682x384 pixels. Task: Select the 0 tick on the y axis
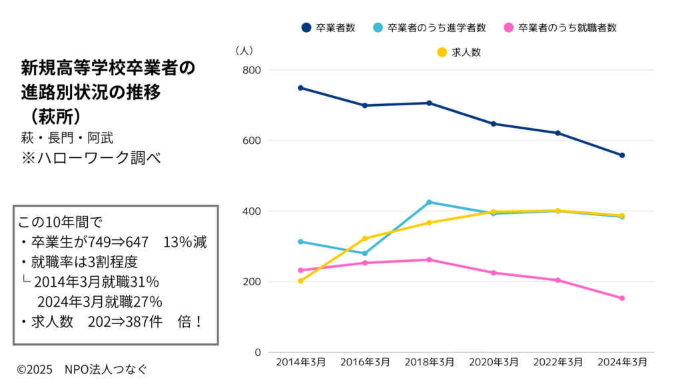tap(256, 352)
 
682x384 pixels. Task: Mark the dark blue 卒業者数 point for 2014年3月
tap(300, 88)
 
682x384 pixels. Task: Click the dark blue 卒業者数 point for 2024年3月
tap(622, 155)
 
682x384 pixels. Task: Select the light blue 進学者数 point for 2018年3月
tap(430, 202)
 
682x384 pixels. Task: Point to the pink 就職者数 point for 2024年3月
tap(622, 298)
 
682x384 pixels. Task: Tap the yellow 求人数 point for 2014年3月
tap(300, 281)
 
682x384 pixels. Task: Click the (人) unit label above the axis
tap(244, 50)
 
